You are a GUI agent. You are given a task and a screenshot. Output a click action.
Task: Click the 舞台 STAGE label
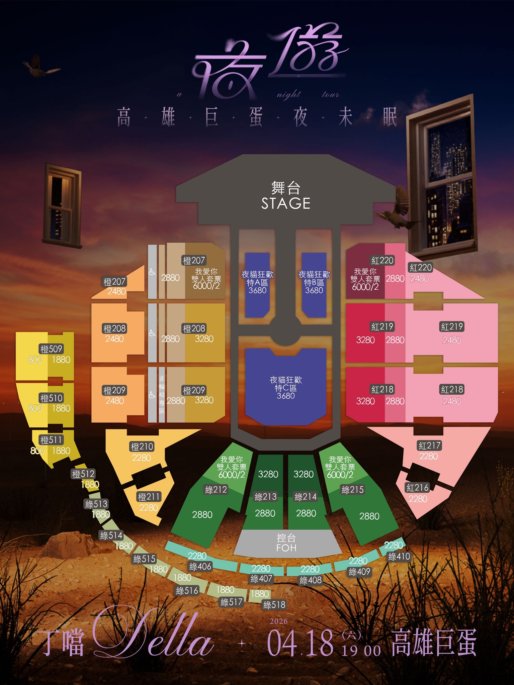[286, 196]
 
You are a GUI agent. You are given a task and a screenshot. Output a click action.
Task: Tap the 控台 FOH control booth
[286, 543]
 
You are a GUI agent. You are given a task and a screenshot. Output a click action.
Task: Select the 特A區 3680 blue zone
[257, 283]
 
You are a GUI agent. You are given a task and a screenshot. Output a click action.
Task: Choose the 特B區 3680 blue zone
[314, 283]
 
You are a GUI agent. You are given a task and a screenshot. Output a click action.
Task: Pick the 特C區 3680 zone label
[286, 388]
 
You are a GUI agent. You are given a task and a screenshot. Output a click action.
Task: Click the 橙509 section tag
[51, 349]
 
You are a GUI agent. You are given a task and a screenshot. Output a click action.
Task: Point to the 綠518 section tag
[274, 605]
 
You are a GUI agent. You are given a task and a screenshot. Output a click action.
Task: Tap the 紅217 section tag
[429, 446]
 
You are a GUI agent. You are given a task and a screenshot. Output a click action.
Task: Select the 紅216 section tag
[417, 488]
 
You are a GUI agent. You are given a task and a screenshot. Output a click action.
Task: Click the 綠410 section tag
[399, 557]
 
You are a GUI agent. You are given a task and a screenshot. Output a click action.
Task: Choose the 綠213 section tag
[265, 497]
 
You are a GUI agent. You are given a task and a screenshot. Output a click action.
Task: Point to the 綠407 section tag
[261, 579]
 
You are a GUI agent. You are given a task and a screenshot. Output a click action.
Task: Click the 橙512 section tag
[83, 474]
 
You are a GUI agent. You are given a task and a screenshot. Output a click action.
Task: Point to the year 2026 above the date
[278, 621]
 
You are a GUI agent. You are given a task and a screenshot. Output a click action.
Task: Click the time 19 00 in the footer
[361, 651]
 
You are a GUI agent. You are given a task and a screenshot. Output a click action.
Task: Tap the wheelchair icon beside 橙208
[152, 333]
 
